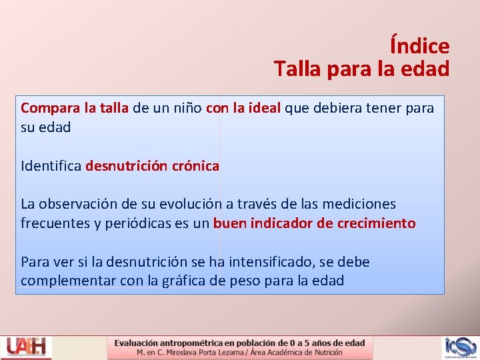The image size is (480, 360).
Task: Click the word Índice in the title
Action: tap(419, 46)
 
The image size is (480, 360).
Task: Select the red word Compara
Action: tap(49, 107)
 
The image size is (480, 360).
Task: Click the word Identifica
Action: tap(51, 165)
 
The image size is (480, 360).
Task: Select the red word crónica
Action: tap(195, 165)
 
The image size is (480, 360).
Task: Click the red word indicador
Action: tap(281, 223)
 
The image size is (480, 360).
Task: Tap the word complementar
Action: tap(68, 281)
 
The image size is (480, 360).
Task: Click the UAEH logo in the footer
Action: tap(26, 347)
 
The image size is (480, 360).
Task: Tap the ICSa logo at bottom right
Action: tap(459, 347)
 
